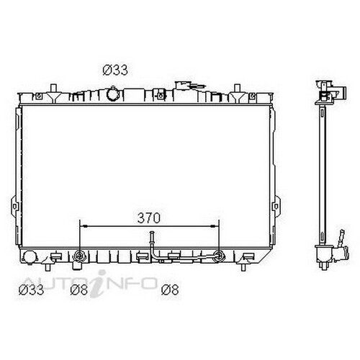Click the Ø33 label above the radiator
coord(116,70)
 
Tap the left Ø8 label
coord(79,291)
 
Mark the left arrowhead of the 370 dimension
coord(82,225)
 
